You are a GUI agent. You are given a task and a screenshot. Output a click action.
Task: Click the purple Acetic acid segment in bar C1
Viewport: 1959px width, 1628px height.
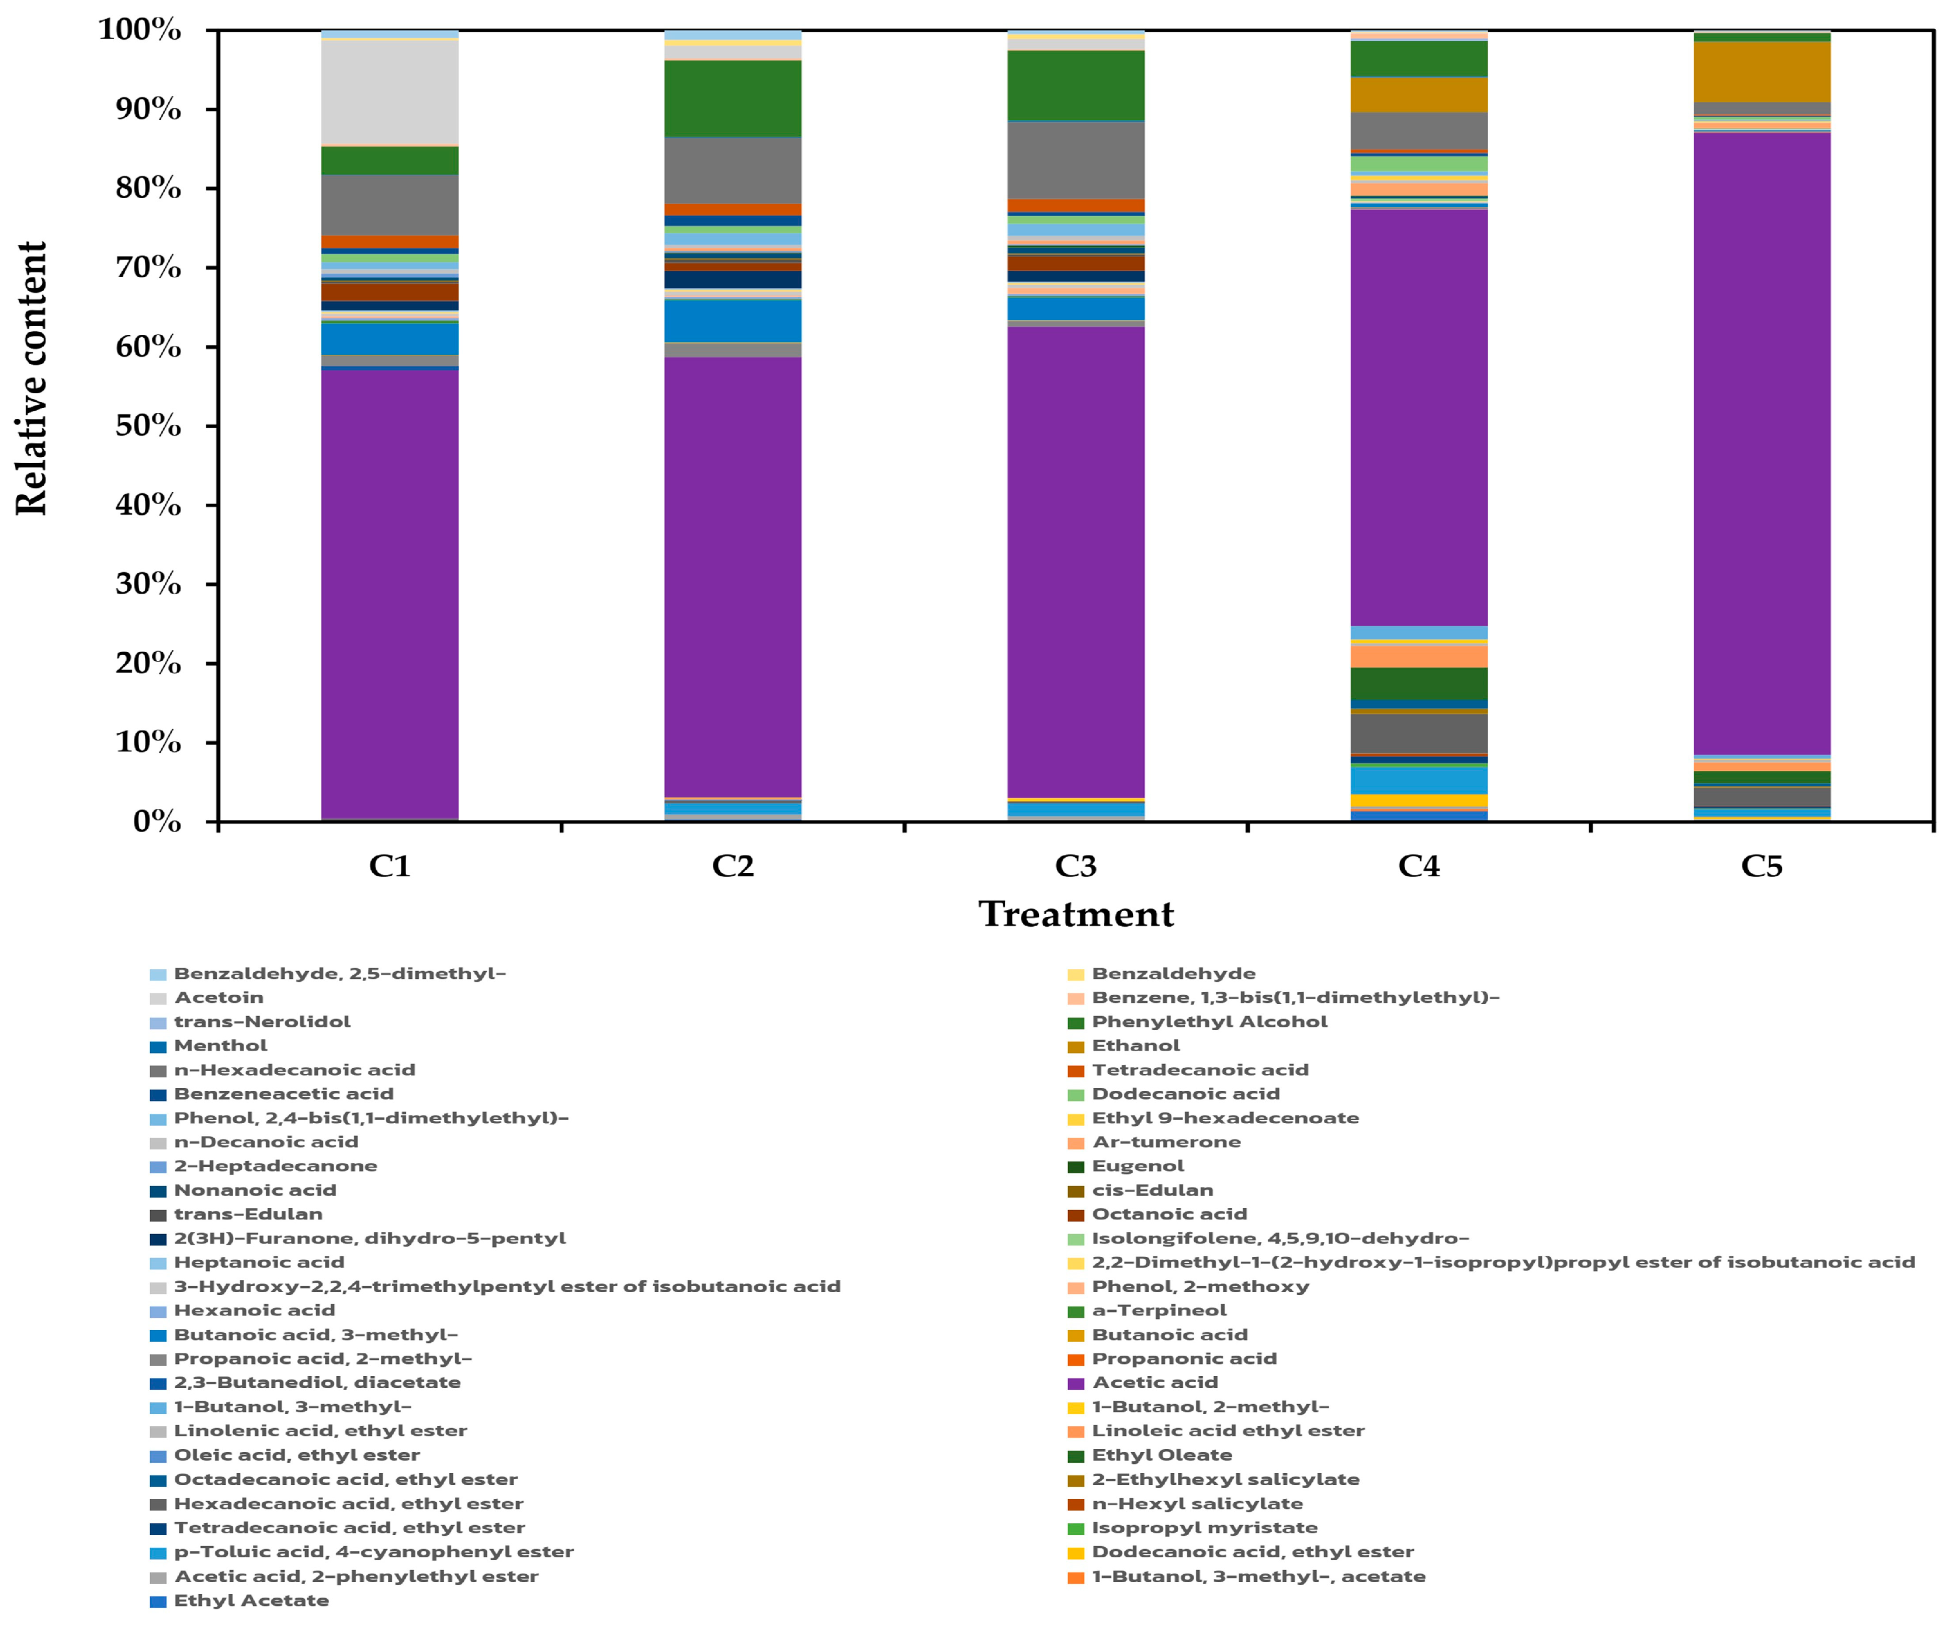389,593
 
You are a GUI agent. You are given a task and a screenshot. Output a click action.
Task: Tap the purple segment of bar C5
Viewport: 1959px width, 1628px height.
1762,443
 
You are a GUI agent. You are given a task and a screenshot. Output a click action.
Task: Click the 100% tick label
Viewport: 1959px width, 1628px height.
140,30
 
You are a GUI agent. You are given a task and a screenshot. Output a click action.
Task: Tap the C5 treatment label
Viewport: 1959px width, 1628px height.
1762,866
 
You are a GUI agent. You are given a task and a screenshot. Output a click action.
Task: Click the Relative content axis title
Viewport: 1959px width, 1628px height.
31,378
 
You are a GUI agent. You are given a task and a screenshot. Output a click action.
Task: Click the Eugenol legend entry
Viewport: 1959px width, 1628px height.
1137,1166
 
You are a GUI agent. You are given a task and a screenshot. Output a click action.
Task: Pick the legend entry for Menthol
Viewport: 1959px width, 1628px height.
220,1046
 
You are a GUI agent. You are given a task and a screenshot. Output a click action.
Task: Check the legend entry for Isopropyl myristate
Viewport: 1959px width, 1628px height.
1204,1528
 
